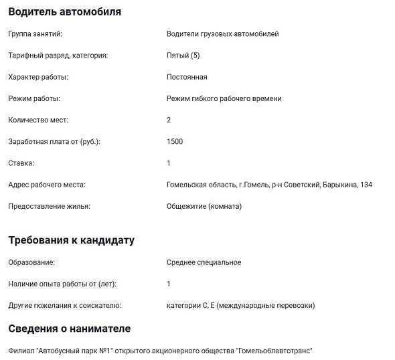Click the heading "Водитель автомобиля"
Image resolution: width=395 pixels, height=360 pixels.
[65, 11]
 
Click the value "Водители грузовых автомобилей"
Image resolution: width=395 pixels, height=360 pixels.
[222, 33]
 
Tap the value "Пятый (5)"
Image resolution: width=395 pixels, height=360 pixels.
[183, 56]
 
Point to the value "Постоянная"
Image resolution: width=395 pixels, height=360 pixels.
[187, 77]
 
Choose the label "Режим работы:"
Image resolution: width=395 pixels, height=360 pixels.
[34, 98]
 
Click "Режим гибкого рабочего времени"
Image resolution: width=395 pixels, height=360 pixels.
[224, 98]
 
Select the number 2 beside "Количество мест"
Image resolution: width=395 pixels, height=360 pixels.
[169, 120]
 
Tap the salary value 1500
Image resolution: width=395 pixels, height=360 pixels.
[175, 141]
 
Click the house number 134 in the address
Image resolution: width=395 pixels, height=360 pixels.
[366, 185]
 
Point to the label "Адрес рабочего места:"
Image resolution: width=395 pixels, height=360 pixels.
[46, 185]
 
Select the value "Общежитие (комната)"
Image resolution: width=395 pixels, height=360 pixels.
[204, 206]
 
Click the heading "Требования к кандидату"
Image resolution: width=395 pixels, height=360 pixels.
[72, 240]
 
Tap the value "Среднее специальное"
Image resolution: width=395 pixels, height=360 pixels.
[204, 262]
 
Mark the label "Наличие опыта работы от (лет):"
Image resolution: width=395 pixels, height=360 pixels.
[62, 284]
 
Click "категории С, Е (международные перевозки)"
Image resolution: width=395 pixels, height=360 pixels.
[240, 306]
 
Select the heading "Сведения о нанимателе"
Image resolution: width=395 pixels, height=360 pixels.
[70, 329]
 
